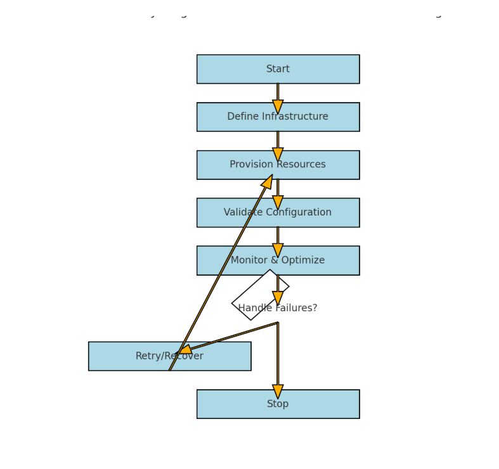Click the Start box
278,69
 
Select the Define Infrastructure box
278,117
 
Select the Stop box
278,404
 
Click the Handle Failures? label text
278,308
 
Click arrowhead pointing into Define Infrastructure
278,106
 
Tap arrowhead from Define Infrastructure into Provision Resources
278,155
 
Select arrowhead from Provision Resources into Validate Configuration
278,202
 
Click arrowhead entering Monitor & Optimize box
278,250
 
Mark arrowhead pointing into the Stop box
278,392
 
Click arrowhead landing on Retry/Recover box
185,350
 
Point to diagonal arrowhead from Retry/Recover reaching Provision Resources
268,182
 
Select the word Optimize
301,260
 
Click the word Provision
249,165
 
